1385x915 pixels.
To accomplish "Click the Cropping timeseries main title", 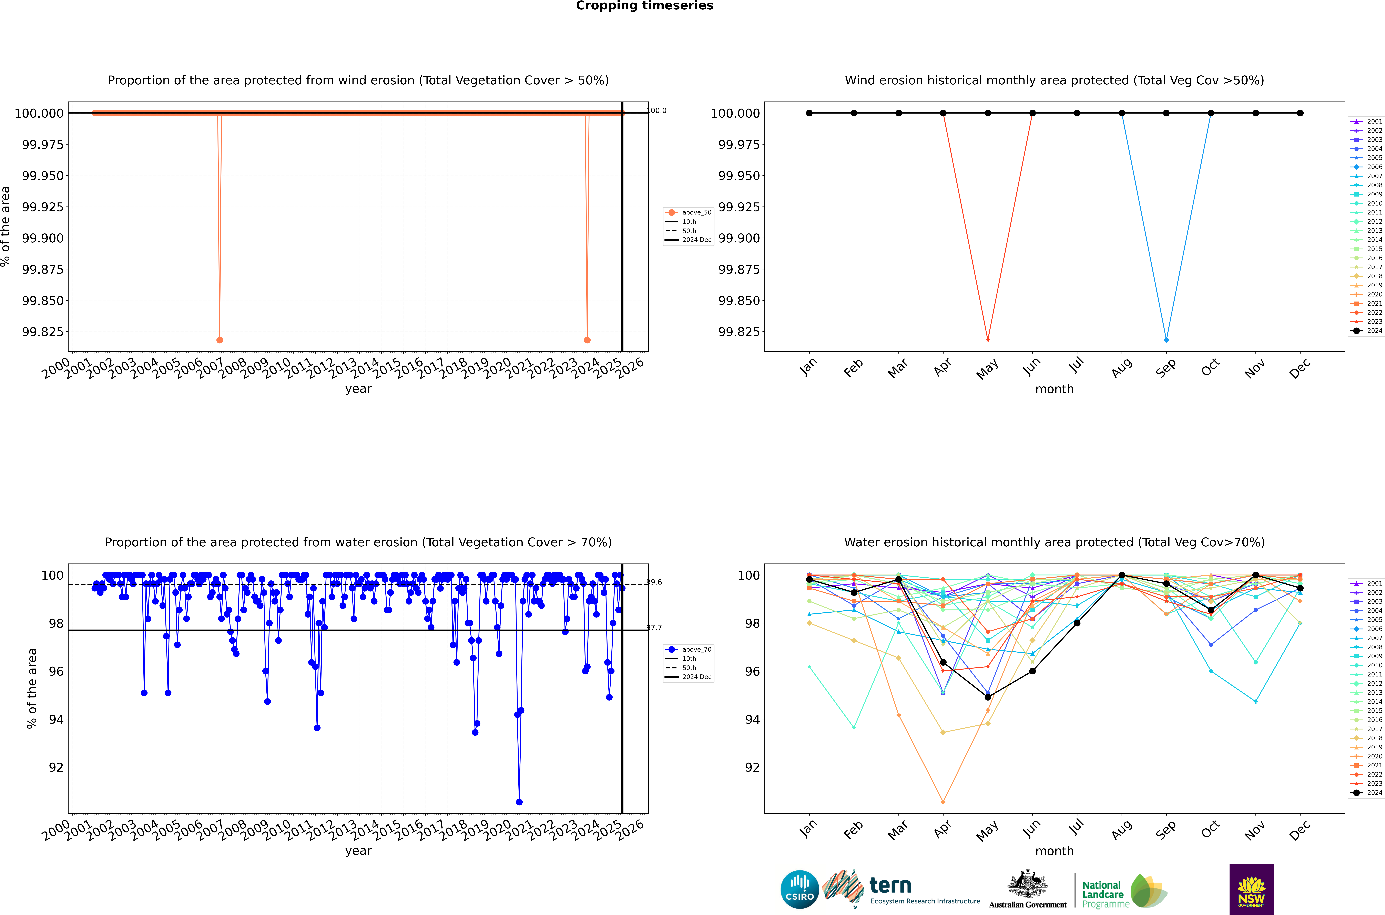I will (x=644, y=6).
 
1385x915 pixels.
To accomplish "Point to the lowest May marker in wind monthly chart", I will (x=988, y=340).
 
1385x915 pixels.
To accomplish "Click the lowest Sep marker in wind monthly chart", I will (x=1166, y=340).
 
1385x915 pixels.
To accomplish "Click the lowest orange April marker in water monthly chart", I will (x=943, y=802).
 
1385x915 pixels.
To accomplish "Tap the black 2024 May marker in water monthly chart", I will (x=988, y=697).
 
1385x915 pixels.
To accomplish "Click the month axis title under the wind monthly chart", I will (x=1054, y=389).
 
